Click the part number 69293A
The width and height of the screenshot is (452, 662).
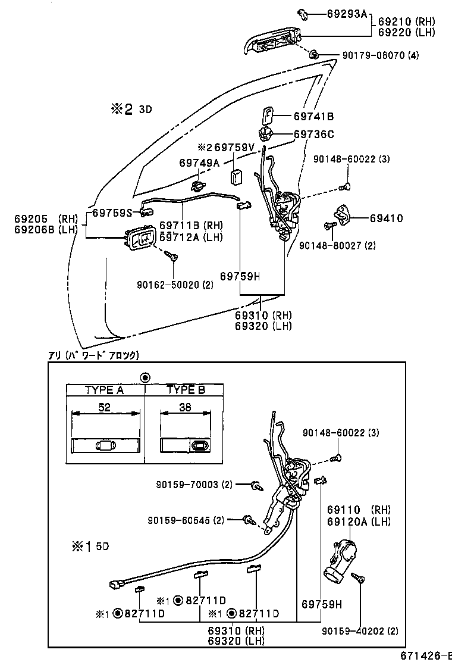(347, 13)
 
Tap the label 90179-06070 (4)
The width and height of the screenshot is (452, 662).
(380, 55)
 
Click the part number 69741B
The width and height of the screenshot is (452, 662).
(313, 116)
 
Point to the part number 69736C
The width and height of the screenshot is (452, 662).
(314, 134)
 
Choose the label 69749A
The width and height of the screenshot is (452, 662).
(199, 163)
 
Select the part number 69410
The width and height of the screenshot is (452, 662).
(386, 218)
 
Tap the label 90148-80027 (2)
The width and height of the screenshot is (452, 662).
(337, 245)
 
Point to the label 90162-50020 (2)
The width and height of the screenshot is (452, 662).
(174, 284)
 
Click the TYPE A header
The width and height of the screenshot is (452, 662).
(104, 391)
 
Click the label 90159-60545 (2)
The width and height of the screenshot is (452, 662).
(186, 520)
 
